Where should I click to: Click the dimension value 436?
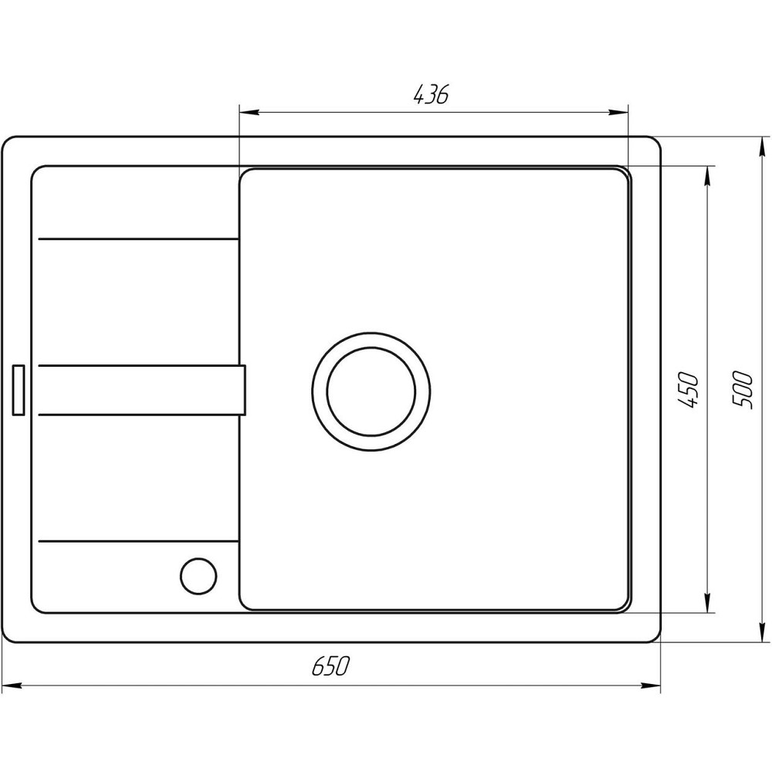click(x=431, y=96)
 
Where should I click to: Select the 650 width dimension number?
click(x=331, y=666)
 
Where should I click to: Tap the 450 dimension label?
click(x=690, y=390)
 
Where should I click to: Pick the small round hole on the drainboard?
click(x=198, y=575)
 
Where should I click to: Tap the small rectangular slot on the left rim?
click(x=19, y=390)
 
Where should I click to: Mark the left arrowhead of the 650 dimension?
click(x=11, y=685)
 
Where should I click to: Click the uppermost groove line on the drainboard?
click(x=137, y=239)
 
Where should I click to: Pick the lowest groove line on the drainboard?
click(x=137, y=538)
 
